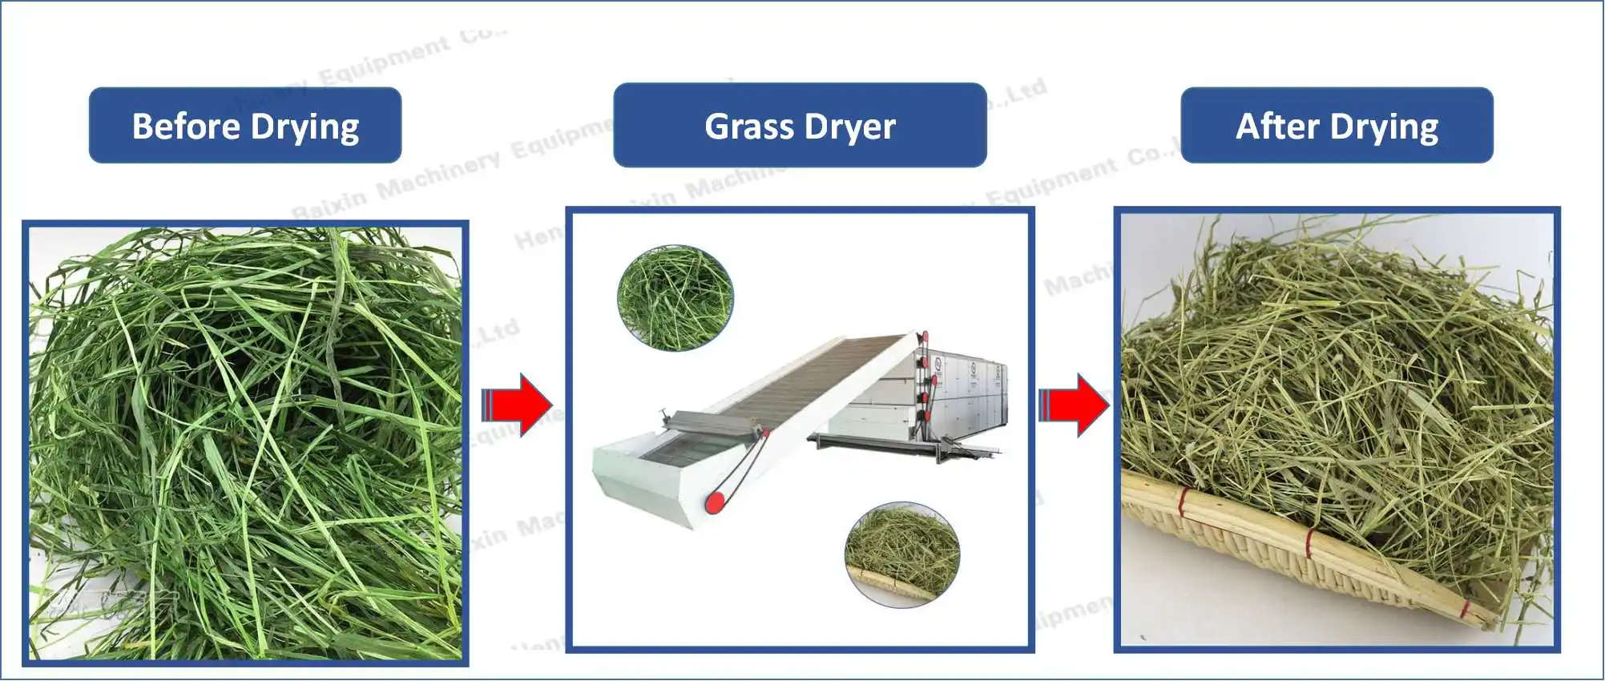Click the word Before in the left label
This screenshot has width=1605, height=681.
click(x=186, y=126)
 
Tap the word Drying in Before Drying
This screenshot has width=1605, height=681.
click(x=304, y=127)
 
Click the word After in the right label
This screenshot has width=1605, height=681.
click(x=1277, y=126)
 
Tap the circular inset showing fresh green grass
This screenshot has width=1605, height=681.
click(x=675, y=298)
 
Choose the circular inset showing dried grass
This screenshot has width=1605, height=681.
click(x=902, y=554)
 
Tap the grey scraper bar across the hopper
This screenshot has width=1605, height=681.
click(x=713, y=422)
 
